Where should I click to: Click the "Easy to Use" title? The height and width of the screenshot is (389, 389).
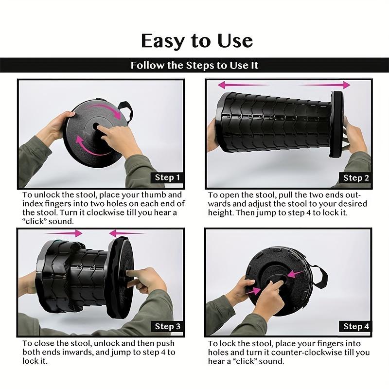pyautogui.click(x=197, y=41)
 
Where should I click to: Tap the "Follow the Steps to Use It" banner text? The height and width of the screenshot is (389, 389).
pyautogui.click(x=194, y=65)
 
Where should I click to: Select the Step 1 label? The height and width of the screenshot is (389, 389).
pyautogui.click(x=167, y=177)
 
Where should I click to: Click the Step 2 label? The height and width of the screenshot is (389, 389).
pyautogui.click(x=356, y=178)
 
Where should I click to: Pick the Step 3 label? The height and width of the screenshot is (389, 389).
pyautogui.click(x=167, y=326)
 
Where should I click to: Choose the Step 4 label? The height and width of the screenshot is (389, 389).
pyautogui.click(x=355, y=326)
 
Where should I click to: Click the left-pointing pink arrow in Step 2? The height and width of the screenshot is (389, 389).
pyautogui.click(x=243, y=85)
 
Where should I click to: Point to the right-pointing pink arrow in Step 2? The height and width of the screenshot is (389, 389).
pyautogui.click(x=324, y=85)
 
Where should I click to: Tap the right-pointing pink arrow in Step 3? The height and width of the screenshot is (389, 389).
pyautogui.click(x=64, y=233)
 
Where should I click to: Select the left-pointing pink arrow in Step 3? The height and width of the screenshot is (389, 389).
pyautogui.click(x=126, y=233)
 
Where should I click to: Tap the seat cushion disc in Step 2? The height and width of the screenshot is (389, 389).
pyautogui.click(x=336, y=124)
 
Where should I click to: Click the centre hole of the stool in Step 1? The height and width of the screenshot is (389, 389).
pyautogui.click(x=95, y=126)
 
